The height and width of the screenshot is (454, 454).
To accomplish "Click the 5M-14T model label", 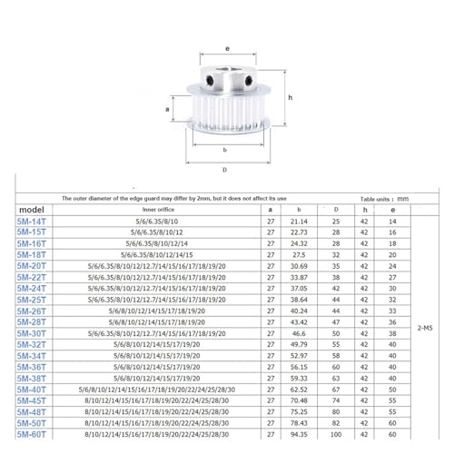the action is (32, 222).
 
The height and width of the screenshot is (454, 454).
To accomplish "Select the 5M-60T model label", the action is (32, 435).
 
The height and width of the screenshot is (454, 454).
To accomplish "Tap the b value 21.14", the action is (299, 222).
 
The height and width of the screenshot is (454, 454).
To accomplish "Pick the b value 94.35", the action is (299, 435).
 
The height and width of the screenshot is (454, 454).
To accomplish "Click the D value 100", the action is (336, 435).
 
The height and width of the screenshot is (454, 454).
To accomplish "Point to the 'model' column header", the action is (32, 210).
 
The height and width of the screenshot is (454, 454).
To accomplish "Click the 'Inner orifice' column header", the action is (158, 210).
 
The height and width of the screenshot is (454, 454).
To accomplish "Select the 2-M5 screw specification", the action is (425, 328).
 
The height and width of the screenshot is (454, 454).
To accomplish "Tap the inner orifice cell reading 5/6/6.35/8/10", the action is (157, 222).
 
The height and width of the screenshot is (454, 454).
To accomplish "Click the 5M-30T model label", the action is (32, 333).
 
